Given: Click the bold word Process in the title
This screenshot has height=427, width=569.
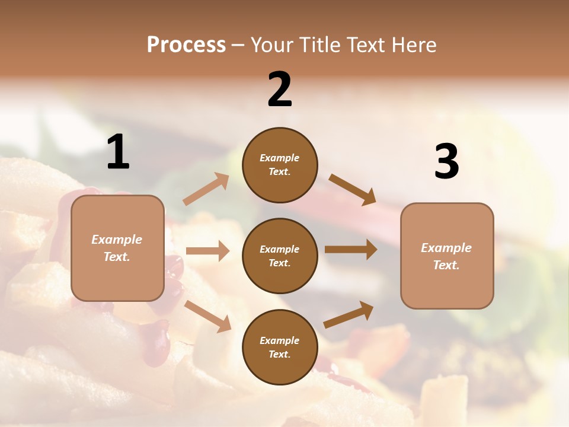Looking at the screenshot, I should [x=186, y=44].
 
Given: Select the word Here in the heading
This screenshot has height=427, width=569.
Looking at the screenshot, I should [x=411, y=44].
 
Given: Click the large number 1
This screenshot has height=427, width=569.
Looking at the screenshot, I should [x=118, y=152].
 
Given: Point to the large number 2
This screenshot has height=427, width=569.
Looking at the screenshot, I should [x=280, y=90].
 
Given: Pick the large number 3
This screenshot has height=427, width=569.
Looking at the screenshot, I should [x=446, y=161].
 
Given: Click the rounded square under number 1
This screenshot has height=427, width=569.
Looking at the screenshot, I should [x=117, y=248].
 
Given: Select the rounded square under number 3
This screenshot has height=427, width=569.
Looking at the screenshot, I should [x=447, y=256].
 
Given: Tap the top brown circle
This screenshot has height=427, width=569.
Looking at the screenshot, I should [x=280, y=165].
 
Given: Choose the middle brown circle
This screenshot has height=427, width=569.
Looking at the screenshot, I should [x=280, y=256].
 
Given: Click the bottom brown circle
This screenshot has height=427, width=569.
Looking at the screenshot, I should [x=280, y=347].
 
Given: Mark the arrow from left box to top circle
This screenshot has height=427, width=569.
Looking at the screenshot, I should [x=206, y=189].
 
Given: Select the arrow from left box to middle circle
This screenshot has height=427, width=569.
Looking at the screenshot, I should [x=207, y=251].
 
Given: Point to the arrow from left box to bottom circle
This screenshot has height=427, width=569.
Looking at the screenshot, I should [x=207, y=316].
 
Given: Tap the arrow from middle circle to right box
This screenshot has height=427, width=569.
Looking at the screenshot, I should [x=351, y=250].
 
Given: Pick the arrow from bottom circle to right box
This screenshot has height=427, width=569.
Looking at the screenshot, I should [x=349, y=315].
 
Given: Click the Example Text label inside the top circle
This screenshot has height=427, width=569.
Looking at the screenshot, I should [x=280, y=165].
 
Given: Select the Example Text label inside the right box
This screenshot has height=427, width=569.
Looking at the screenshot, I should [x=446, y=256].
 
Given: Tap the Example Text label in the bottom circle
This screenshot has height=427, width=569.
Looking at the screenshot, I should [x=280, y=348].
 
